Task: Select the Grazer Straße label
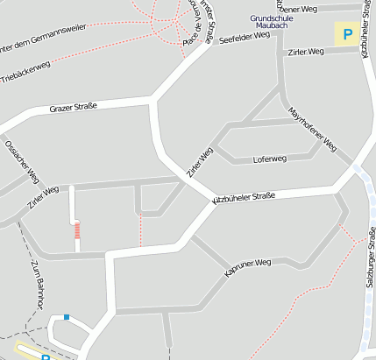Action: pyautogui.click(x=73, y=107)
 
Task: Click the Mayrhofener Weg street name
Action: pyautogui.click(x=313, y=129)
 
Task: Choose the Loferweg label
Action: pyautogui.click(x=269, y=159)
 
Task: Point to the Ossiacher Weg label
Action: pyautogui.click(x=22, y=161)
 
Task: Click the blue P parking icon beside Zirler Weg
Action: pyautogui.click(x=347, y=35)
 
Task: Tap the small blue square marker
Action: pyautogui.click(x=66, y=317)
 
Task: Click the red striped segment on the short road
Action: pyautogui.click(x=77, y=230)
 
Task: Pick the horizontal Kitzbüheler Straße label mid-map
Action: pyautogui.click(x=245, y=198)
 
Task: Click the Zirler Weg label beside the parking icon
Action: pyautogui.click(x=304, y=53)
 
